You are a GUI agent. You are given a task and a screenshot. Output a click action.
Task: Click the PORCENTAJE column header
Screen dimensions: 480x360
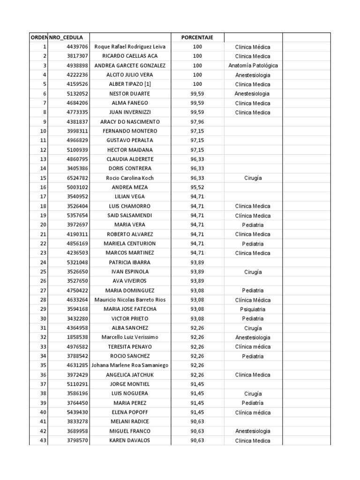(197, 37)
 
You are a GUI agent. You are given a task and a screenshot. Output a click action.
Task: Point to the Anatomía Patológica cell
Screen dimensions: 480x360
(253, 66)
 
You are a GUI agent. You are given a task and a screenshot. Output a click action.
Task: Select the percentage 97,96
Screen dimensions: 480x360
(197, 122)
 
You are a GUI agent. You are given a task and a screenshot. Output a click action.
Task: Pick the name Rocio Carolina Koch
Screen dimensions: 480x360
(130, 178)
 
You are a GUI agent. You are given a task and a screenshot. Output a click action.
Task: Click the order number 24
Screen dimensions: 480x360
(44, 262)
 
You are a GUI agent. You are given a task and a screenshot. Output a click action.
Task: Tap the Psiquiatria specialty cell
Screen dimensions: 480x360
(253, 309)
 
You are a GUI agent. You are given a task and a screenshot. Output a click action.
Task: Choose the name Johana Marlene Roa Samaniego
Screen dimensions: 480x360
(130, 366)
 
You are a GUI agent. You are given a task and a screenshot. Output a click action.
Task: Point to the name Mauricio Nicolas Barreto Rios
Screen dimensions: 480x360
(130, 300)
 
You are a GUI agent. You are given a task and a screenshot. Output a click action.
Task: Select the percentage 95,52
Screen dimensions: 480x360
(197, 187)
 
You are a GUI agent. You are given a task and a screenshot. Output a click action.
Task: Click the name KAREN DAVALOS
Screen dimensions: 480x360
(130, 441)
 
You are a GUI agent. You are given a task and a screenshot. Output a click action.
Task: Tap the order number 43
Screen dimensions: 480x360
(44, 441)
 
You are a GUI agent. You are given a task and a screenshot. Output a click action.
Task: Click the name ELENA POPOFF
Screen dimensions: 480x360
(130, 412)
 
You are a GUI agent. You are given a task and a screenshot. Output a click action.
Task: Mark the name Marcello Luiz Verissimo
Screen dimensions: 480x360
(130, 337)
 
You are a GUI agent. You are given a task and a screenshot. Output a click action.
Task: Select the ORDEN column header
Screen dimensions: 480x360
(39, 37)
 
